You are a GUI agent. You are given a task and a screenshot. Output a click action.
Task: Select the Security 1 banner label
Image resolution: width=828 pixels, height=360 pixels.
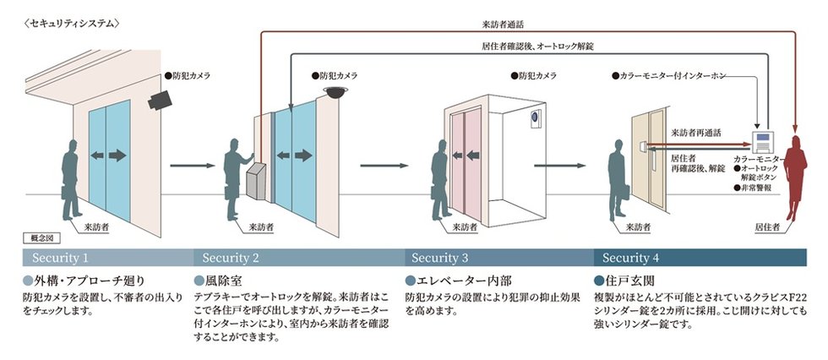(x=60, y=257)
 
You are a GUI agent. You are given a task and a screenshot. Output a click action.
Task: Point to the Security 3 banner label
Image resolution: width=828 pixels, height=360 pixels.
(x=439, y=257)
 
